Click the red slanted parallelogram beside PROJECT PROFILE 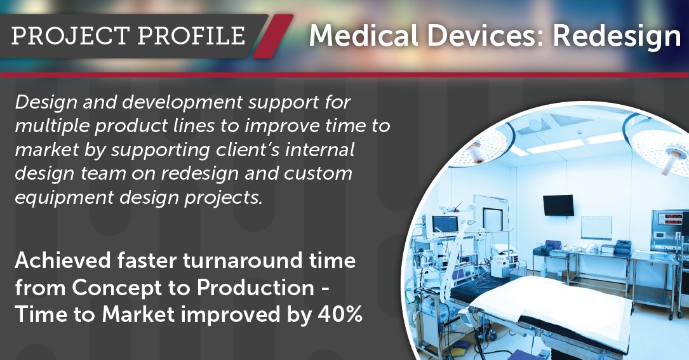tap(271, 36)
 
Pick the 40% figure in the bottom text tap(338, 315)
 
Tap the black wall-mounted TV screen tap(558, 204)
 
